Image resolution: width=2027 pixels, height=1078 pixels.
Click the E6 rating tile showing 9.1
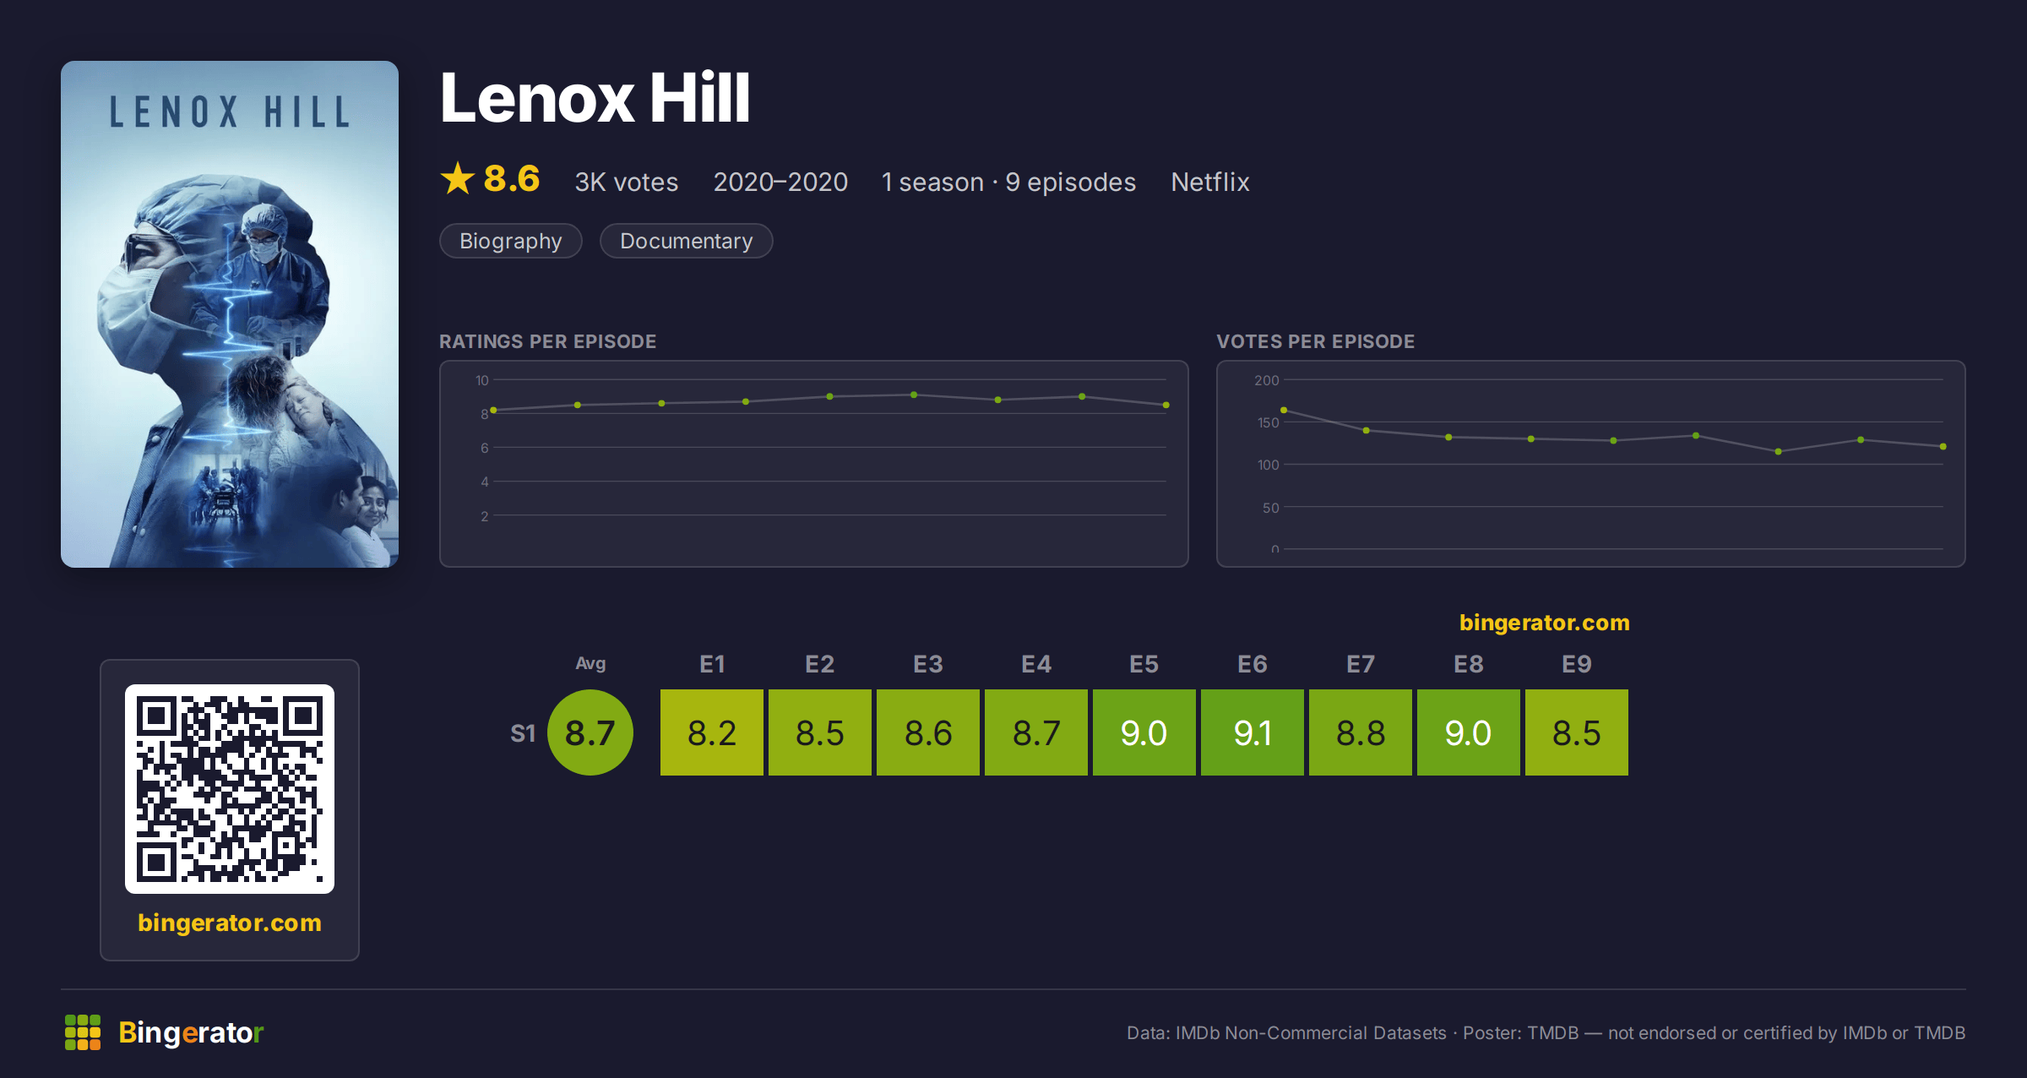coord(1253,732)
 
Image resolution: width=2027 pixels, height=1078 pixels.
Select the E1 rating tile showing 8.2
coord(712,732)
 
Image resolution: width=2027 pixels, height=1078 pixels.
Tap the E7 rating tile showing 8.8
coord(1361,732)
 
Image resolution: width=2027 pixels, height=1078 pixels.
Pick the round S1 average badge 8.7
coord(590,732)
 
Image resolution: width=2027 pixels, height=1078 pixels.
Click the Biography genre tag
coord(511,241)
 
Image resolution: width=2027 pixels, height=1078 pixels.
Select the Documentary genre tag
coord(687,241)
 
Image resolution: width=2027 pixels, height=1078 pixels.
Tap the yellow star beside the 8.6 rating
coord(458,178)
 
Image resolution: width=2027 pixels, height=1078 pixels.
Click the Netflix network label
coord(1210,182)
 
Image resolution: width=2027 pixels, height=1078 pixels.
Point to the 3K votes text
coord(627,182)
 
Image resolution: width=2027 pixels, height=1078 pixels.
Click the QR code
coord(230,789)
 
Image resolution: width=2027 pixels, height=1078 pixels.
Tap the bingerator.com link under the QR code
coord(230,923)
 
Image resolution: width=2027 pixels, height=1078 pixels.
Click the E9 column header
coord(1577,664)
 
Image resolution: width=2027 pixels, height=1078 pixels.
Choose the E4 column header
coord(1036,664)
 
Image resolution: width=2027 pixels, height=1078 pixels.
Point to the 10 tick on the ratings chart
coord(482,380)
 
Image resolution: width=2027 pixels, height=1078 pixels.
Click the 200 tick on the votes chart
coord(1267,380)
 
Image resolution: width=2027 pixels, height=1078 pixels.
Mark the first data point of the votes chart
coord(1284,410)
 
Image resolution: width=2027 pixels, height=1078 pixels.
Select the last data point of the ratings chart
coord(1166,406)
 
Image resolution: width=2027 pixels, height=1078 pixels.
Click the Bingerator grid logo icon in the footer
coord(83,1032)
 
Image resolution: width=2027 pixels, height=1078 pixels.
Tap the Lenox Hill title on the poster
coord(230,112)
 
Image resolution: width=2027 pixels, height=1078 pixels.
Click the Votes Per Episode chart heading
coord(1316,341)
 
